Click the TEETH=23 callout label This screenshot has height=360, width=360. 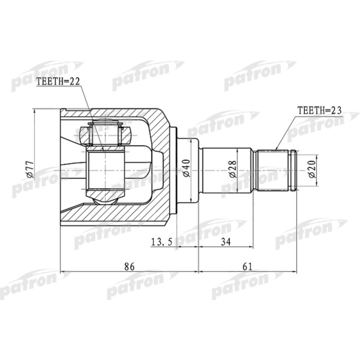tap(319, 110)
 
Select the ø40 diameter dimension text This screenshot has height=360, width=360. tap(187, 168)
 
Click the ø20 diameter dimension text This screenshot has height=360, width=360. tap(312, 168)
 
